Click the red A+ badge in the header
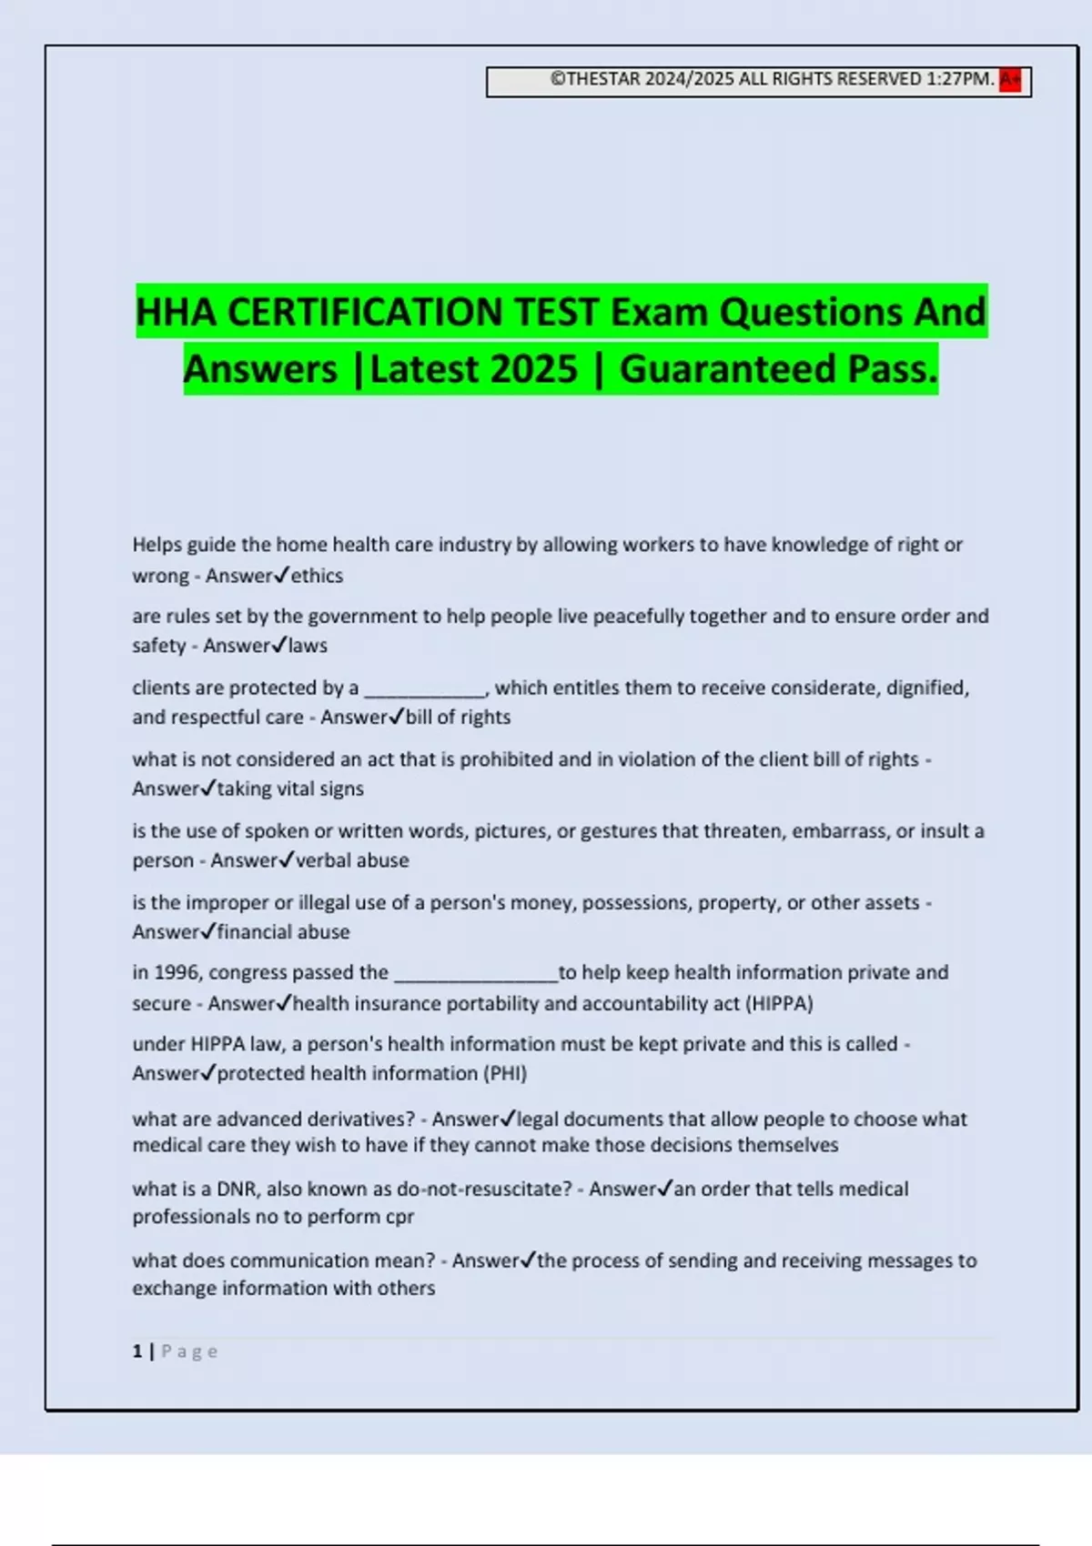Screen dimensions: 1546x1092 pos(1010,80)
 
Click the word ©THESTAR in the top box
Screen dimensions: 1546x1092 pos(595,79)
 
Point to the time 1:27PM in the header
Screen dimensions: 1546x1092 pos(959,79)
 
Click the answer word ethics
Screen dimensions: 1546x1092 pos(317,576)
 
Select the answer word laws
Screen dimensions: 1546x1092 pos(308,646)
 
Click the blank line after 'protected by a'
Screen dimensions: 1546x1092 pos(425,689)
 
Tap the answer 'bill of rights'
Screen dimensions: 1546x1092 pos(458,718)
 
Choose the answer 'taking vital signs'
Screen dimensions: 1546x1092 pos(290,789)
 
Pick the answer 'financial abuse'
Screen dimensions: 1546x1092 pos(283,932)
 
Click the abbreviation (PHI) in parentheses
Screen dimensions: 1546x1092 pos(505,1074)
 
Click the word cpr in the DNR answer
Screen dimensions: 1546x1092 pos(399,1217)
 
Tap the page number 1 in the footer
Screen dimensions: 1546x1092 pos(137,1351)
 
